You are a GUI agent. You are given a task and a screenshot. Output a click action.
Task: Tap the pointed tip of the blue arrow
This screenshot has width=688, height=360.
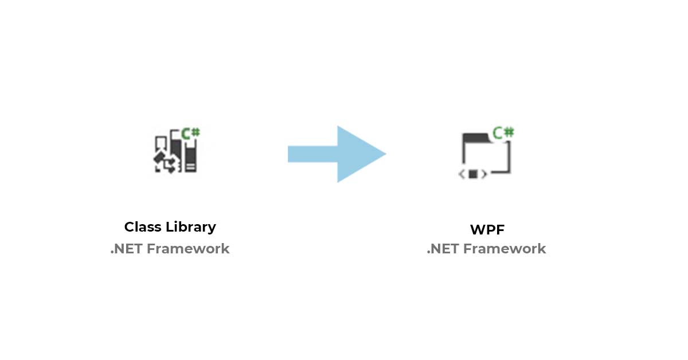point(384,154)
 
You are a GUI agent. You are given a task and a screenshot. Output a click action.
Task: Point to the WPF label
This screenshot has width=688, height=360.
point(487,229)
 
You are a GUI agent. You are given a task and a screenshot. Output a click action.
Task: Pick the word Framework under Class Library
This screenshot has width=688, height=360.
point(189,249)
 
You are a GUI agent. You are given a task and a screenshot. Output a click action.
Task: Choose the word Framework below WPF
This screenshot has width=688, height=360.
point(505,249)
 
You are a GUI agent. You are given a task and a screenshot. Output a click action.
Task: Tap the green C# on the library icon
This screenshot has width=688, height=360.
point(190,133)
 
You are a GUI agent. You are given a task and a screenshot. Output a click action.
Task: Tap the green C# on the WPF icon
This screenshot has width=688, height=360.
point(503,132)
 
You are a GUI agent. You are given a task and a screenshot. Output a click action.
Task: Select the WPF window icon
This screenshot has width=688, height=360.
point(486,154)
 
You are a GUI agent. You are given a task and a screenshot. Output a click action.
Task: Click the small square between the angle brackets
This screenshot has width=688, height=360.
point(473,174)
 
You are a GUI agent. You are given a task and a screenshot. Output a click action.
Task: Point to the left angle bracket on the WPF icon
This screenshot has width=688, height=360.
point(461,174)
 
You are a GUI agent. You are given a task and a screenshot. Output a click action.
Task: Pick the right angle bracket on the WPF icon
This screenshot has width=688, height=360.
point(484,174)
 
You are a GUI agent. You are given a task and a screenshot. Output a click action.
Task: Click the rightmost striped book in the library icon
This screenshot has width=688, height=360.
point(190,159)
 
